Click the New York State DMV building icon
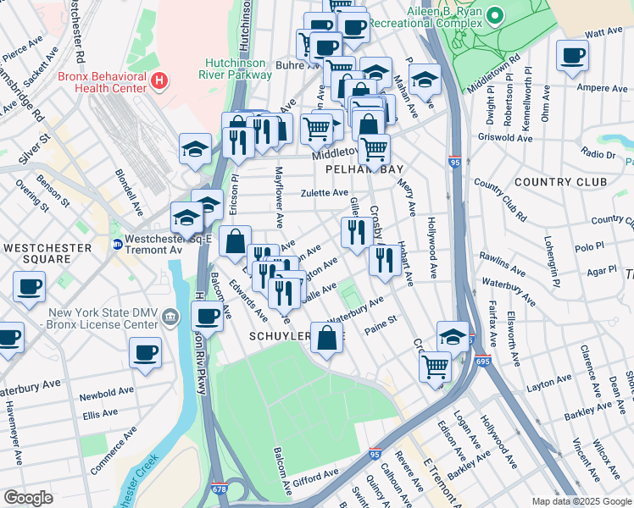171,317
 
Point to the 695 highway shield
481,361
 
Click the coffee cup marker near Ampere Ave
572,56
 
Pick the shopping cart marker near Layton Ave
435,367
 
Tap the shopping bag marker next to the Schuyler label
327,338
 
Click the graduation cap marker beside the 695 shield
453,336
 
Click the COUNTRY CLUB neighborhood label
560,181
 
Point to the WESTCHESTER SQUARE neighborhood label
47,248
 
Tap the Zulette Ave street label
325,193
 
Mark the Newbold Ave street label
103,395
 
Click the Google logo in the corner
28,498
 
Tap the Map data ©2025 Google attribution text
581,501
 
